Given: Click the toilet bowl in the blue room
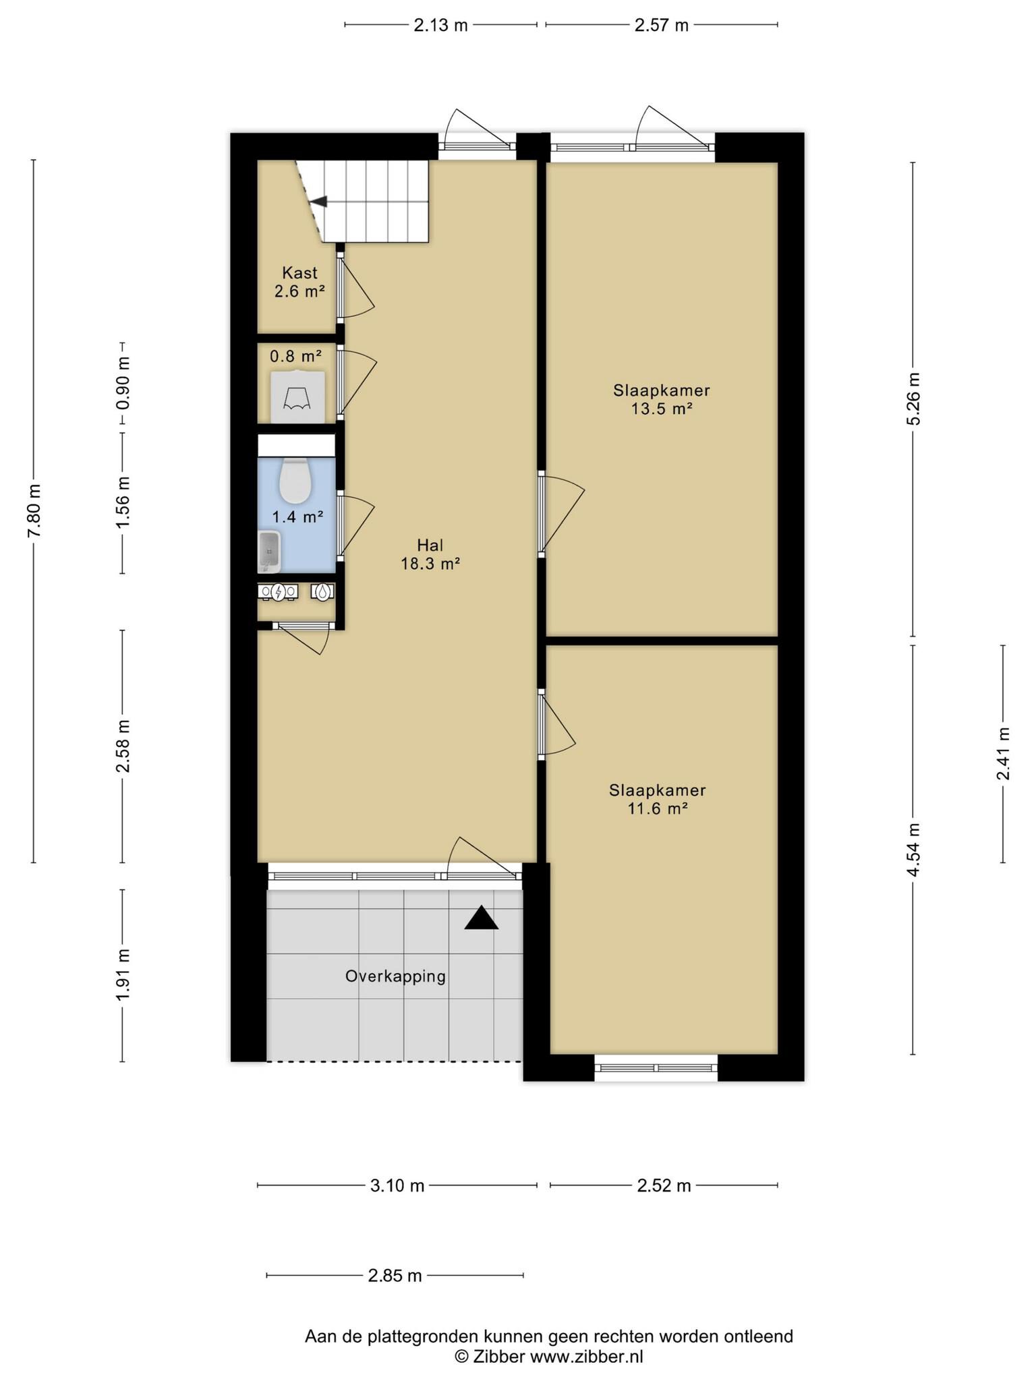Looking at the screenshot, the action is (x=295, y=481).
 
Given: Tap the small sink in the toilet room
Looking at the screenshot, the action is (x=269, y=551).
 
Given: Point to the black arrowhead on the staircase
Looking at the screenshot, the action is (x=318, y=201).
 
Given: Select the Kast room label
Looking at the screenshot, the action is (x=299, y=282).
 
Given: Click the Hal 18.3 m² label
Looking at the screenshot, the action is (x=430, y=554).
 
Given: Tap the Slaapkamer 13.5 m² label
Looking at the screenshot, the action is (x=662, y=399).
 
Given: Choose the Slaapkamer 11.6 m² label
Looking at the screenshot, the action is (x=658, y=798).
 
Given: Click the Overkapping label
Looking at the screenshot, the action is (x=395, y=976).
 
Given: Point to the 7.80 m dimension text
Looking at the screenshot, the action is (x=34, y=510).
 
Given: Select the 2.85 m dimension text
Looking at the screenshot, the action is (x=395, y=1275).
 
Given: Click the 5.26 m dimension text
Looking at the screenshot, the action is (x=913, y=399).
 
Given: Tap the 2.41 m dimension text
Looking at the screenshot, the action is (x=1003, y=753).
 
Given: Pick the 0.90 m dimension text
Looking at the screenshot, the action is (x=123, y=383).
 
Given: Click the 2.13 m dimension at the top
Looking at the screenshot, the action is (x=440, y=26).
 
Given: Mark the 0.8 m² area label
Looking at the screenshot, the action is (x=296, y=355).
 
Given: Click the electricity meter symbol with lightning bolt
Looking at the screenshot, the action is (x=278, y=592).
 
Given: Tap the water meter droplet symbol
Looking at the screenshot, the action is (x=324, y=591).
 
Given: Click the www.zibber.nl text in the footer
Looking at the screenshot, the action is (x=586, y=1356).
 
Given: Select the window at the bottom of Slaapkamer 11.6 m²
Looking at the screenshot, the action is (x=656, y=1067).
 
